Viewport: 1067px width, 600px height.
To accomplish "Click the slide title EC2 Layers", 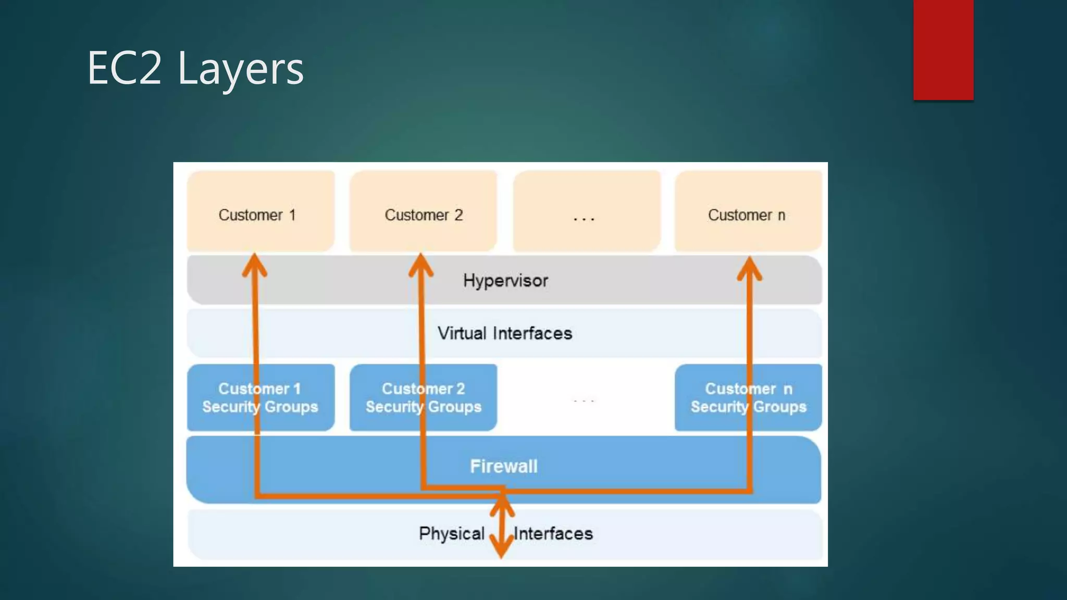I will click(x=195, y=68).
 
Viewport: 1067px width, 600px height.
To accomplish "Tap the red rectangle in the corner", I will click(x=943, y=49).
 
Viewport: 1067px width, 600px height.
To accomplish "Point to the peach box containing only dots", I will click(x=587, y=211).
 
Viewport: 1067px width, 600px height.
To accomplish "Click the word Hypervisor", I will click(x=505, y=281).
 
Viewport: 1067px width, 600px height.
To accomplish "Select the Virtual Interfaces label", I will click(x=504, y=333).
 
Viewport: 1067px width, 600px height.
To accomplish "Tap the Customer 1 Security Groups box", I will click(x=260, y=397).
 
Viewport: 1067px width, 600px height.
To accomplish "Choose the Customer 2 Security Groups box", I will click(x=423, y=397).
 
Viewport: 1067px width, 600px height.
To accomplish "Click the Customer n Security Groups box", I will click(x=748, y=397).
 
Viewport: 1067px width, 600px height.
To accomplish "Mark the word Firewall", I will click(x=503, y=466).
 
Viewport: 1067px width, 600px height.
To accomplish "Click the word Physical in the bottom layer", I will click(x=452, y=533).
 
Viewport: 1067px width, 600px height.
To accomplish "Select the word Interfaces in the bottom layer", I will click(x=553, y=533).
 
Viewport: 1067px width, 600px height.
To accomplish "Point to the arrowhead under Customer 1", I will click(x=254, y=265).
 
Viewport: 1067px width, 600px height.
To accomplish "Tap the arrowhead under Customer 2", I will click(x=420, y=265).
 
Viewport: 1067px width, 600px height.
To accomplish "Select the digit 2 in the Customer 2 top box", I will click(x=458, y=215).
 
